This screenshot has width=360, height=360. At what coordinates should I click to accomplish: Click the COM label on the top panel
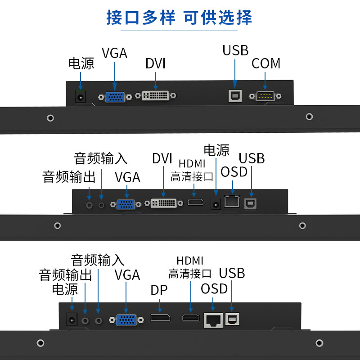(266, 63)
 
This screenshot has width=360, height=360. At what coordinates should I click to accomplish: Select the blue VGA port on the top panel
(115, 97)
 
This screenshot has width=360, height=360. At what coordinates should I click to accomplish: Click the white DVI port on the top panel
(156, 95)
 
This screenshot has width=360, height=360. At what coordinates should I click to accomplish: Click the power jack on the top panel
(81, 96)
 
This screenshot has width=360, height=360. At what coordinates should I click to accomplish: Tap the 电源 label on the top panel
(81, 63)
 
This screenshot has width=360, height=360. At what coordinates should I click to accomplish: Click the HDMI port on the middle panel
(196, 202)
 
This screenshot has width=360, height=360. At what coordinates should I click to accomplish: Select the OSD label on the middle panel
(234, 172)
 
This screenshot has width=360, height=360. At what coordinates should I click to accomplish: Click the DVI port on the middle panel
(163, 203)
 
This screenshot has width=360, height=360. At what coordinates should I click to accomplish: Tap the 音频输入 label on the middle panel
(101, 158)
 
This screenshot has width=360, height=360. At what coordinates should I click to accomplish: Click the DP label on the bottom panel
(159, 291)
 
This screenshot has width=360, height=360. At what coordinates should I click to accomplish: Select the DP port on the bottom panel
(160, 318)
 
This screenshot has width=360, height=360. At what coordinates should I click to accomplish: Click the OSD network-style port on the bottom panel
(213, 320)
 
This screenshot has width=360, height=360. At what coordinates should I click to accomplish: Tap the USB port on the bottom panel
(232, 319)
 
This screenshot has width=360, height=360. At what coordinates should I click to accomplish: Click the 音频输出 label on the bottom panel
(66, 275)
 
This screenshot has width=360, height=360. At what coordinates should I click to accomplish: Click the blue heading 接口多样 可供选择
(179, 18)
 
